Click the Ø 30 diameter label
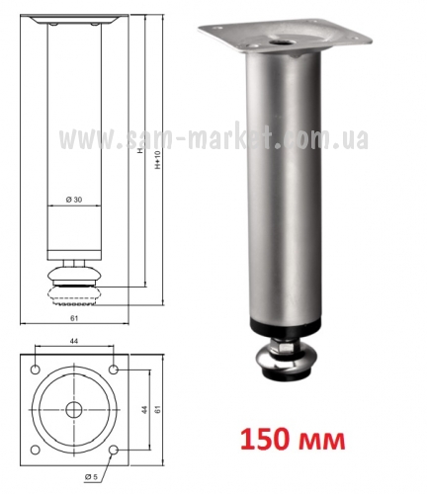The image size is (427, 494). (74, 200)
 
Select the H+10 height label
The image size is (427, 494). (157, 160)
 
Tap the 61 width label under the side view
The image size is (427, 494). (74, 318)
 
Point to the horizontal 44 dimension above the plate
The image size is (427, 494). (74, 341)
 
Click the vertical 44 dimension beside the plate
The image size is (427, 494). (144, 409)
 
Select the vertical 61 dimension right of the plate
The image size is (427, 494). (157, 409)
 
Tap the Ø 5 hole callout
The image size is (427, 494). (91, 476)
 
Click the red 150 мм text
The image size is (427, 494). (293, 440)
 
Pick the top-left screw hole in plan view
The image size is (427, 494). (36, 370)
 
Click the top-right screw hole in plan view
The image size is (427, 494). (114, 370)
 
